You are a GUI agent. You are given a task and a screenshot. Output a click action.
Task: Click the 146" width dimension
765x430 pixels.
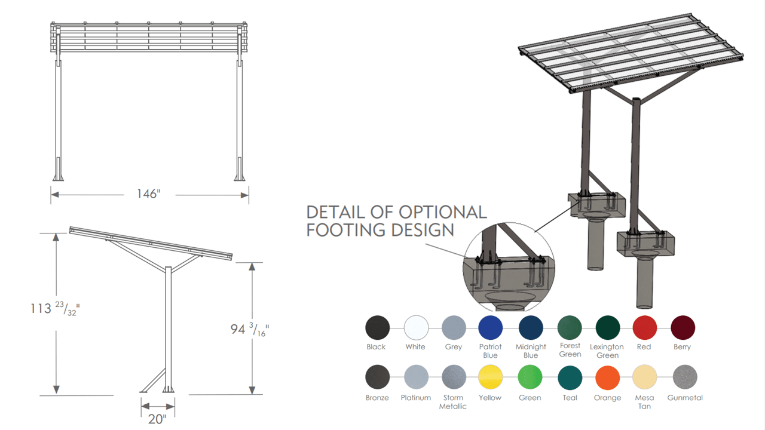point(148,194)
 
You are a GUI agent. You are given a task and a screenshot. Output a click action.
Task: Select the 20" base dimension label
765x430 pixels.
point(157,419)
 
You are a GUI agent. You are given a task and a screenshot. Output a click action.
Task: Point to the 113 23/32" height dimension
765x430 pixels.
point(55,309)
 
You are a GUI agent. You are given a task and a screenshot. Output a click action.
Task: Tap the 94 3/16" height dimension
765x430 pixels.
point(250,329)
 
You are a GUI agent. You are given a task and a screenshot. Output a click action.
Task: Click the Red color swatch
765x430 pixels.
point(645,328)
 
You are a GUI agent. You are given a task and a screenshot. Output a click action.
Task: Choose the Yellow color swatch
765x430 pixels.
point(490,377)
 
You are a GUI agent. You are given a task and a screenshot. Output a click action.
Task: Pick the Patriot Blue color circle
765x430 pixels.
point(490,328)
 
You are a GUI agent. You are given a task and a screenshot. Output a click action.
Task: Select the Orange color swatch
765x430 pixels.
point(607,377)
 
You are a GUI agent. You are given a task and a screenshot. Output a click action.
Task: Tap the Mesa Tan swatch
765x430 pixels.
point(645,377)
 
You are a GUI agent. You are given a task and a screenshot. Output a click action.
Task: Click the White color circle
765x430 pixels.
point(416,328)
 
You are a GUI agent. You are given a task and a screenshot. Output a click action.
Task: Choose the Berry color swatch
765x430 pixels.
point(683,328)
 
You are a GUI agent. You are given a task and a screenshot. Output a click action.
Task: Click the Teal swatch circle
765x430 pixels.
point(570,377)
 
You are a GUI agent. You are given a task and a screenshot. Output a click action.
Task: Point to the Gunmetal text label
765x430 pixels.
point(685,398)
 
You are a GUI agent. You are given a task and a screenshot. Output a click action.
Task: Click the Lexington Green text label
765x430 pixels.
point(607,351)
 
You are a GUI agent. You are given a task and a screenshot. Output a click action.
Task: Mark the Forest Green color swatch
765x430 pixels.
point(570,328)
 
